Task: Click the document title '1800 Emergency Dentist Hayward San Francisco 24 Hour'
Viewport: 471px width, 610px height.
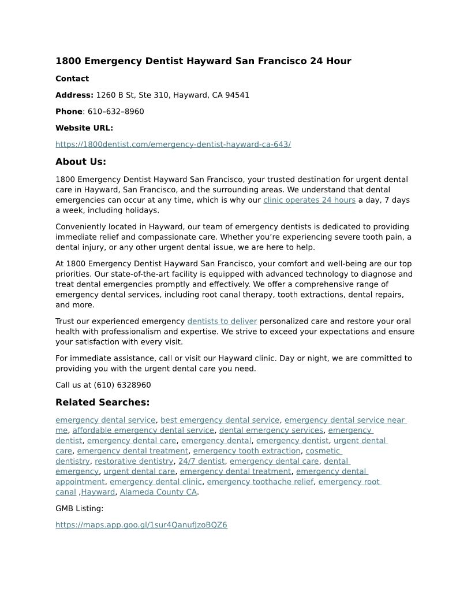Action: (203, 61)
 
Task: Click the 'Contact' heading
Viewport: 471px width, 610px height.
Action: (72, 79)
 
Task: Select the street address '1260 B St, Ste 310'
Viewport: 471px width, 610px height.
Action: (132, 95)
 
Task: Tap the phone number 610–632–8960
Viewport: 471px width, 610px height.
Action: (116, 111)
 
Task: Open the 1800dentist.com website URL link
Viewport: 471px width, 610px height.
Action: (173, 144)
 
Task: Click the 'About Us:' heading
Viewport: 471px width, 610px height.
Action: (81, 162)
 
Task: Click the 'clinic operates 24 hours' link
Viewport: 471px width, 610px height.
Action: (309, 200)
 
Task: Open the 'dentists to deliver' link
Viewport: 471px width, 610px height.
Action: (222, 322)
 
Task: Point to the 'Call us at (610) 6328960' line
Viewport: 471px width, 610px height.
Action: (103, 385)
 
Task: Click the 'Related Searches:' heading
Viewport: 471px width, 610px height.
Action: (102, 403)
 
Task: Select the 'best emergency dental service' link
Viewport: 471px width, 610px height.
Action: (220, 421)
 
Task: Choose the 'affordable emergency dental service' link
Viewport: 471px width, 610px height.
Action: (143, 430)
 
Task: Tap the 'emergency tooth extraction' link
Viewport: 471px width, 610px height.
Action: (247, 451)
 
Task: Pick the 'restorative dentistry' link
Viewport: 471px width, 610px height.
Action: (134, 462)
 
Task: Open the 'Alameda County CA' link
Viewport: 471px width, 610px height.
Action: (158, 492)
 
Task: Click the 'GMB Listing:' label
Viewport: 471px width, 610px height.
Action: (80, 509)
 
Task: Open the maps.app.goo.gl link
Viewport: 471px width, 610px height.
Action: (141, 525)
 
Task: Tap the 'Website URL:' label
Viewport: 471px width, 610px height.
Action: (84, 128)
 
